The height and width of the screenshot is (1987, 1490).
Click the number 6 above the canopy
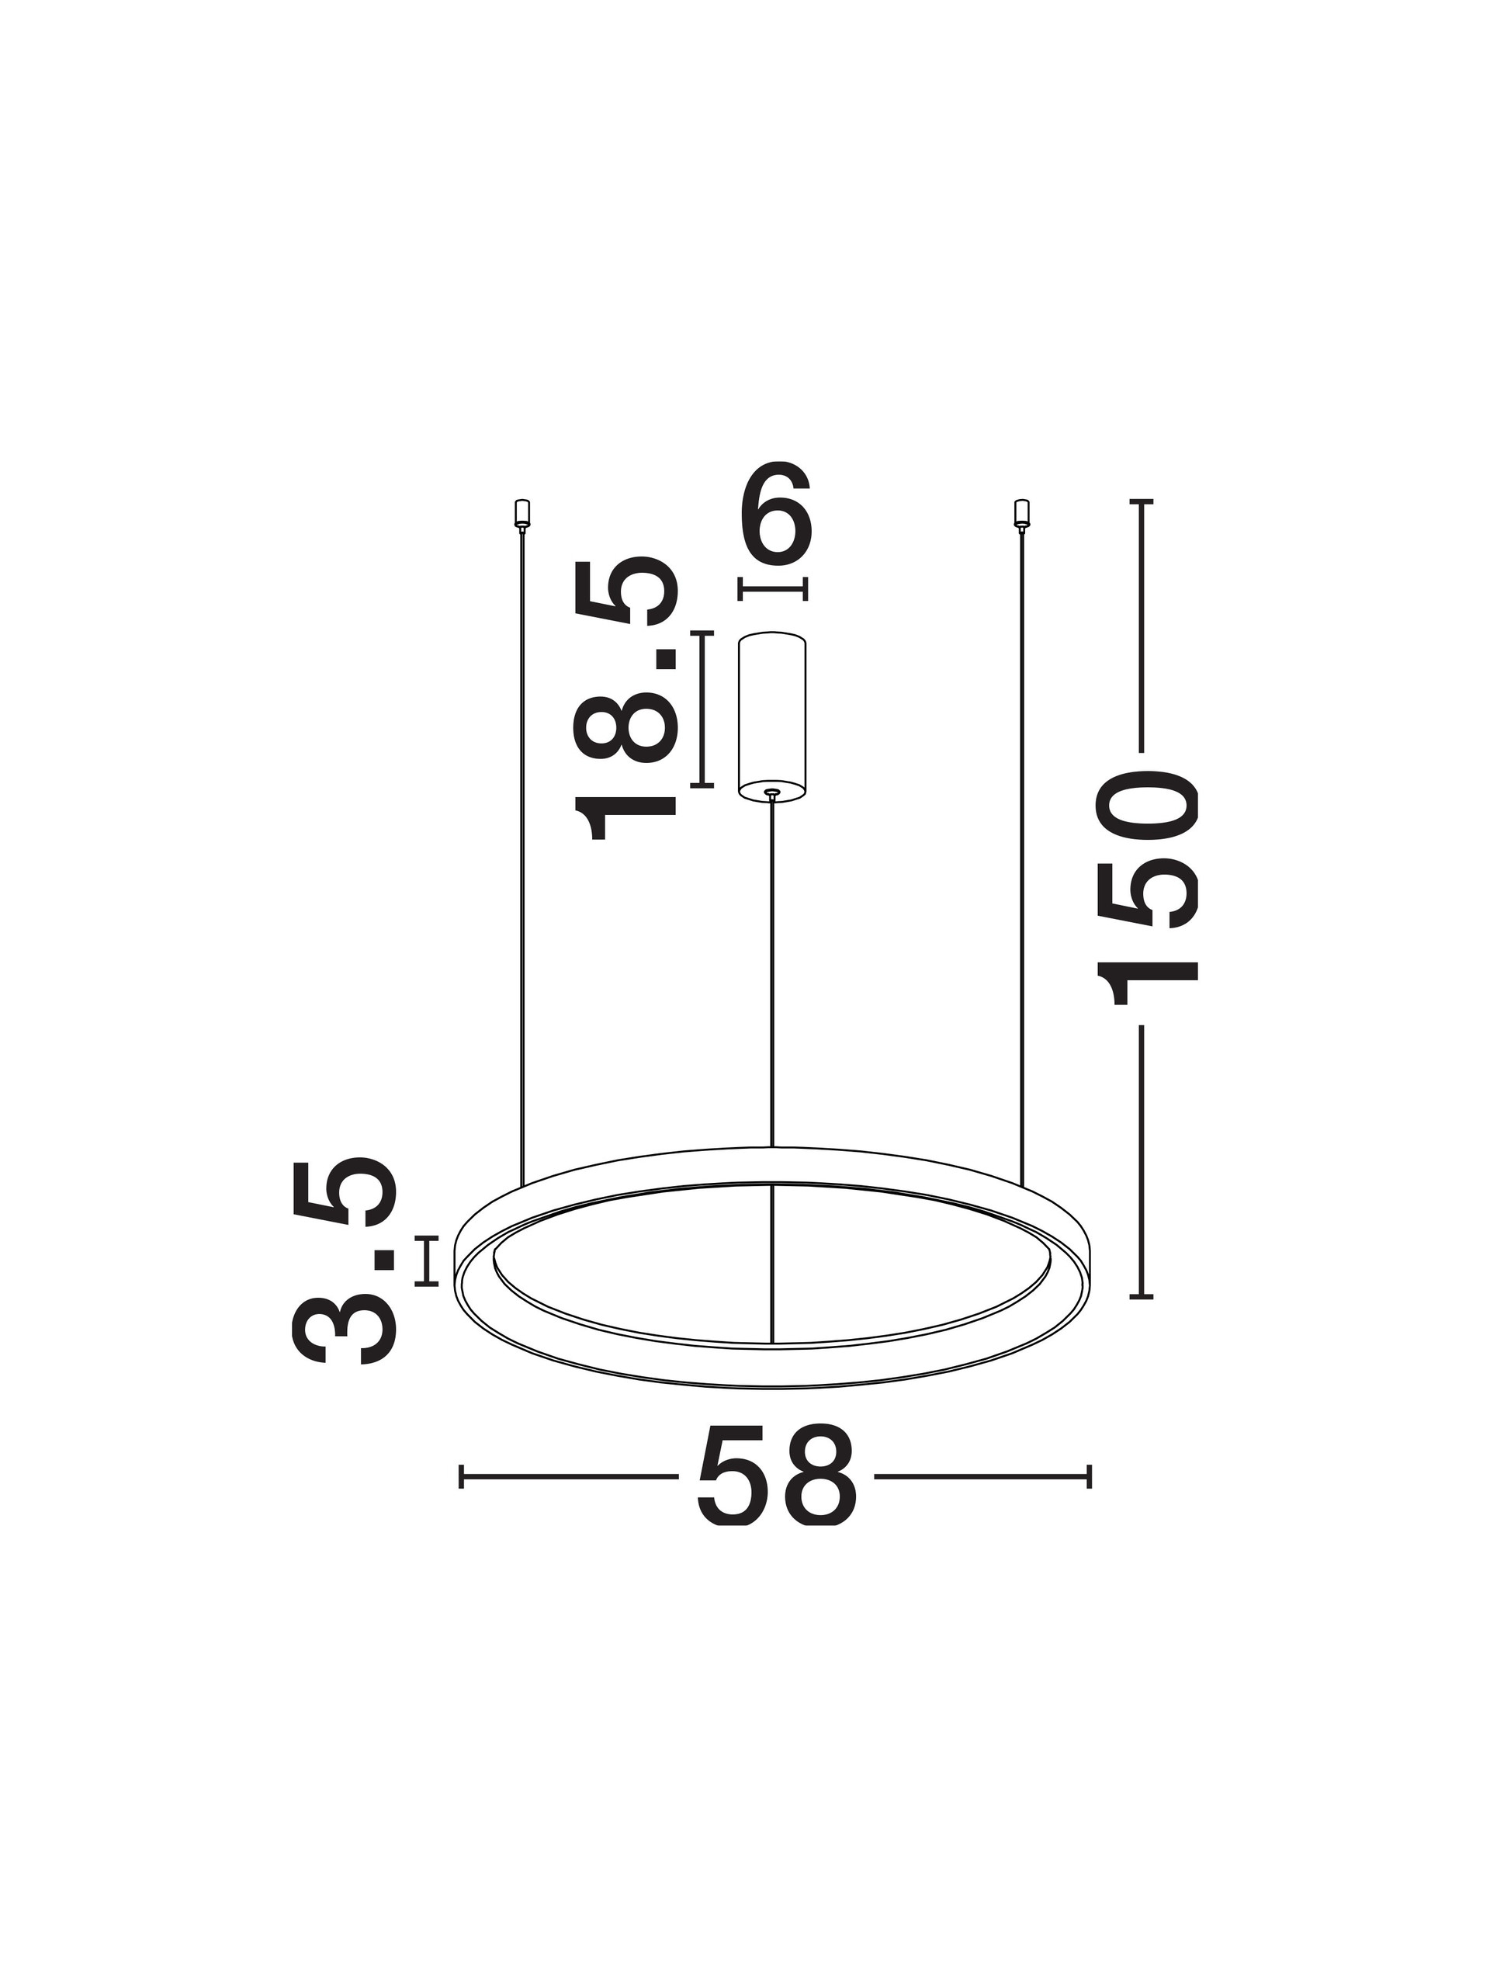pyautogui.click(x=775, y=515)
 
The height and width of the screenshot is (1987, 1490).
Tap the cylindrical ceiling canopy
pyautogui.click(x=771, y=715)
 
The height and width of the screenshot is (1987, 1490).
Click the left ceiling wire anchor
pyautogui.click(x=521, y=514)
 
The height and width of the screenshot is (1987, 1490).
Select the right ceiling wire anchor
pyautogui.click(x=1021, y=514)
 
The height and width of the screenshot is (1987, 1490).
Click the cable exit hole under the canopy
pyautogui.click(x=771, y=792)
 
